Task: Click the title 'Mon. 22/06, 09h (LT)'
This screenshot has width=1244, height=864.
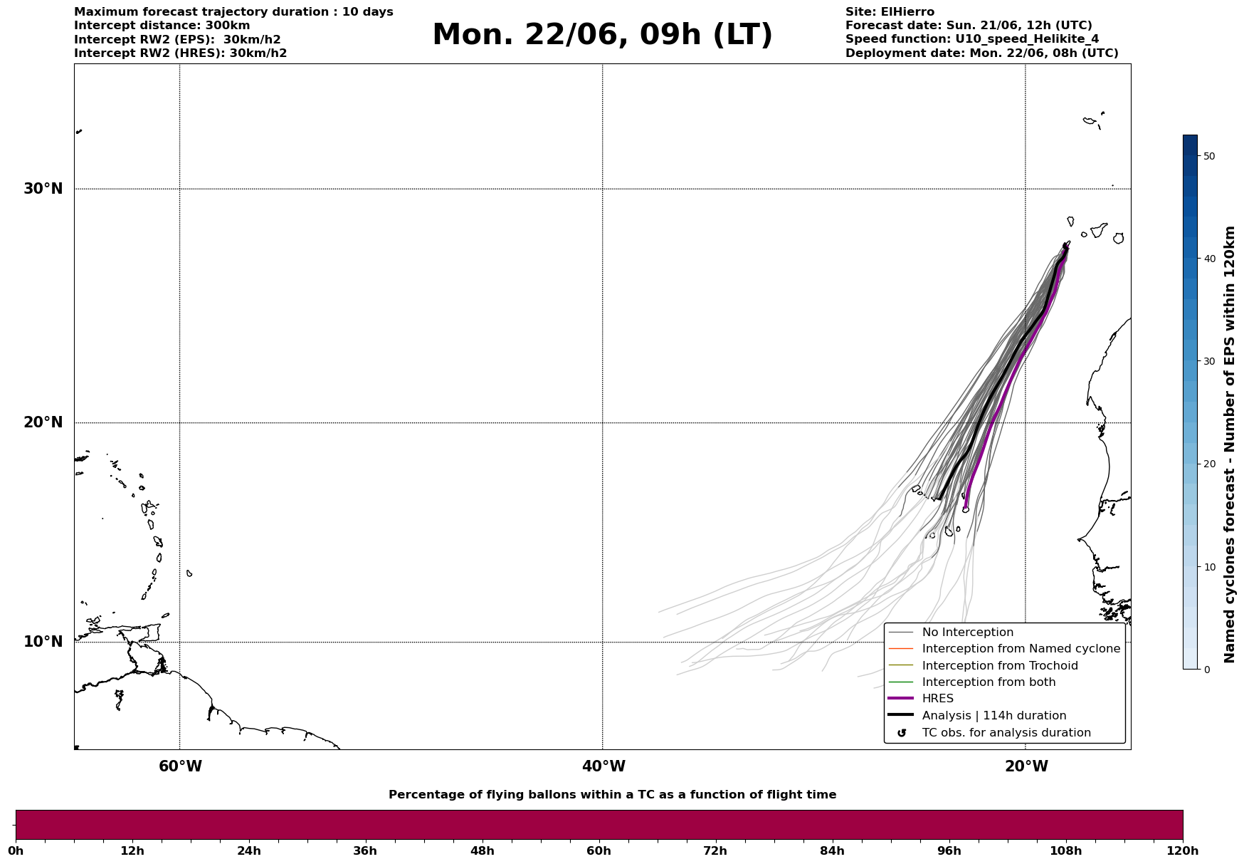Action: point(602,35)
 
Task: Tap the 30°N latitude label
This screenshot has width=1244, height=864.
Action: point(43,189)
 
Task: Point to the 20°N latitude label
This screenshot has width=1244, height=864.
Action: point(43,422)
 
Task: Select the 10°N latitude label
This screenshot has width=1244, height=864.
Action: point(43,642)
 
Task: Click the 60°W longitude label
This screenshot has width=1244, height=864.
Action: point(180,766)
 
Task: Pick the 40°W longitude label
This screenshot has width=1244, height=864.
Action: point(603,766)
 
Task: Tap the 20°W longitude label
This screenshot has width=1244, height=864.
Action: point(1026,766)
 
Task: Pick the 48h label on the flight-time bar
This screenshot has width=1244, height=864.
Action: point(482,850)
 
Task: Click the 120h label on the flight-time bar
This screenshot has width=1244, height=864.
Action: point(1183,850)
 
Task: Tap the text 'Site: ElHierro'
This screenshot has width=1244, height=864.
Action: point(890,12)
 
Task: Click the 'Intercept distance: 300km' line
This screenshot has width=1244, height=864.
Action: point(162,26)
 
